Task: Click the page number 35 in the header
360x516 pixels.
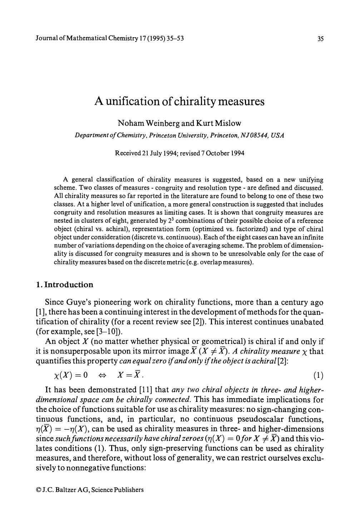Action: coord(320,39)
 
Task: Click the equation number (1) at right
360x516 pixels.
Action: coord(318,375)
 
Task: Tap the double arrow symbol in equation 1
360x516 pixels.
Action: coord(103,376)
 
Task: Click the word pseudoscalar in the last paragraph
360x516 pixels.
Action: coord(237,419)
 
